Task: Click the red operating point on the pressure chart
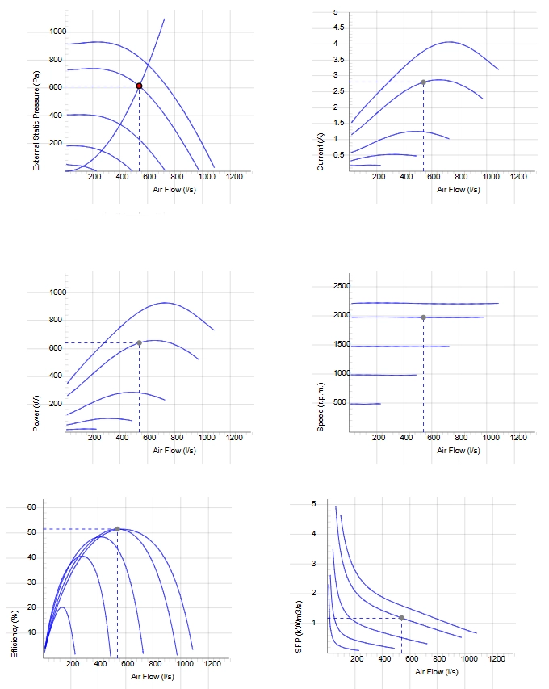pyautogui.click(x=139, y=86)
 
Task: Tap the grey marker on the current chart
pyautogui.click(x=423, y=82)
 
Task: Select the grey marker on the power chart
pyautogui.click(x=139, y=342)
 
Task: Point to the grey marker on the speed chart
pyautogui.click(x=423, y=317)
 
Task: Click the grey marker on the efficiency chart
pyautogui.click(x=117, y=529)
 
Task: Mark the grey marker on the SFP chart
pyautogui.click(x=401, y=618)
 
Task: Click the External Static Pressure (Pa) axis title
pyautogui.click(x=36, y=121)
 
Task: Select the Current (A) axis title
pyautogui.click(x=321, y=152)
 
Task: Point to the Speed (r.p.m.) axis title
pyautogui.click(x=321, y=407)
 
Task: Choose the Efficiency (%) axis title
pyautogui.click(x=14, y=634)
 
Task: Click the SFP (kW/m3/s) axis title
pyautogui.click(x=299, y=627)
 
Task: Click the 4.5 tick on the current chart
pyautogui.click(x=338, y=27)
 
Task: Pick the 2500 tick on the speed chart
pyautogui.click(x=342, y=286)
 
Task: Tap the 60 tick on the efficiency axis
pyautogui.click(x=31, y=507)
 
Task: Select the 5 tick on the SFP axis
pyautogui.click(x=313, y=504)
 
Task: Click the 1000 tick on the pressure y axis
pyautogui.click(x=57, y=32)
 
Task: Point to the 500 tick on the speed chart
pyautogui.click(x=340, y=402)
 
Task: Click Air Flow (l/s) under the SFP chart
pyautogui.click(x=437, y=672)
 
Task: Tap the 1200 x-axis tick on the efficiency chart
pyautogui.click(x=212, y=663)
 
